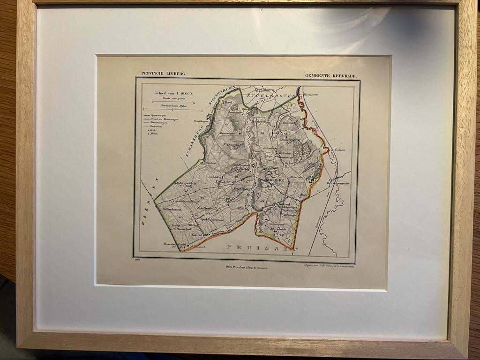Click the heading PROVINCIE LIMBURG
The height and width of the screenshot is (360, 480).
point(163,74)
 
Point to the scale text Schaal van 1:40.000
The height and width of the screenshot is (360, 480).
point(174,93)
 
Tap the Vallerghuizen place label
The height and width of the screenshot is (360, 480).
point(172,210)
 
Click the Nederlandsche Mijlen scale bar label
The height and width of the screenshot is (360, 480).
point(172,107)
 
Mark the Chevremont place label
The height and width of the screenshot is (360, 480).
point(289,157)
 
